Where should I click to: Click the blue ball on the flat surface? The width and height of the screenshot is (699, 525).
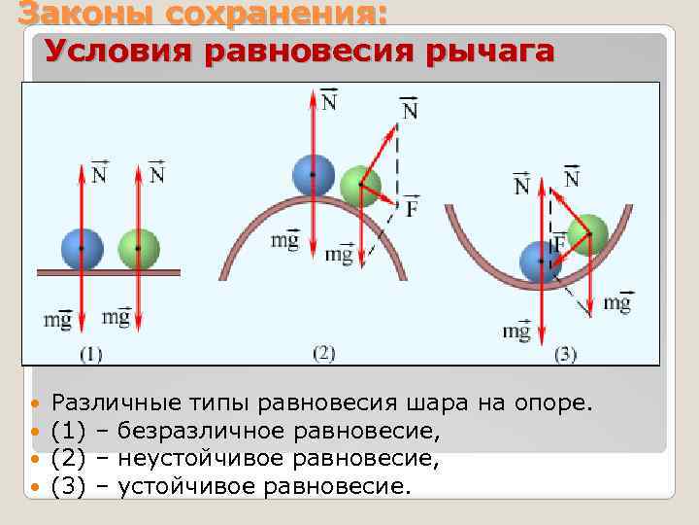(x=81, y=248)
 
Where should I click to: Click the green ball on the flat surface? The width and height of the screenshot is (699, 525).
(x=138, y=248)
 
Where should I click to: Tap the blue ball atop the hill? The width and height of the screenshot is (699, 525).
(x=313, y=174)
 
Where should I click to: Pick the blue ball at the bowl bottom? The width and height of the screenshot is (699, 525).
(x=540, y=262)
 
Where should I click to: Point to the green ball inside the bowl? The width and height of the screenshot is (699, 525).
(x=587, y=233)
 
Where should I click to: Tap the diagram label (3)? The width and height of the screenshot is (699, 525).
(x=565, y=354)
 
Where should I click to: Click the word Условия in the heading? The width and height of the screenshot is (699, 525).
(x=116, y=51)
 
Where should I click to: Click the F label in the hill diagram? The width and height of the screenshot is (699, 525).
(x=412, y=207)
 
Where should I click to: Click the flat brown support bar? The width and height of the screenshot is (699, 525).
(x=108, y=271)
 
